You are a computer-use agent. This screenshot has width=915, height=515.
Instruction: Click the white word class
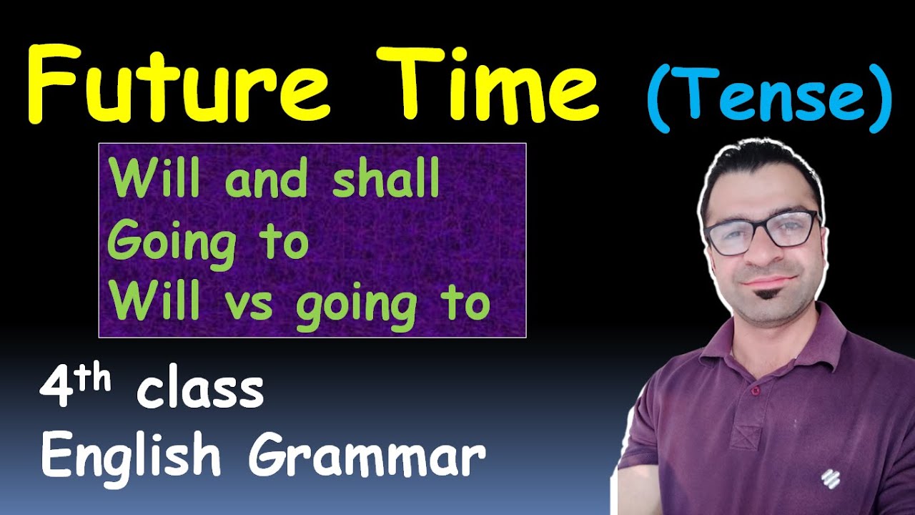(x=201, y=391)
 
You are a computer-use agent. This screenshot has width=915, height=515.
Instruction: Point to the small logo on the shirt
(x=830, y=477)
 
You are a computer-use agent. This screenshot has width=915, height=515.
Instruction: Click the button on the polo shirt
(x=755, y=391)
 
